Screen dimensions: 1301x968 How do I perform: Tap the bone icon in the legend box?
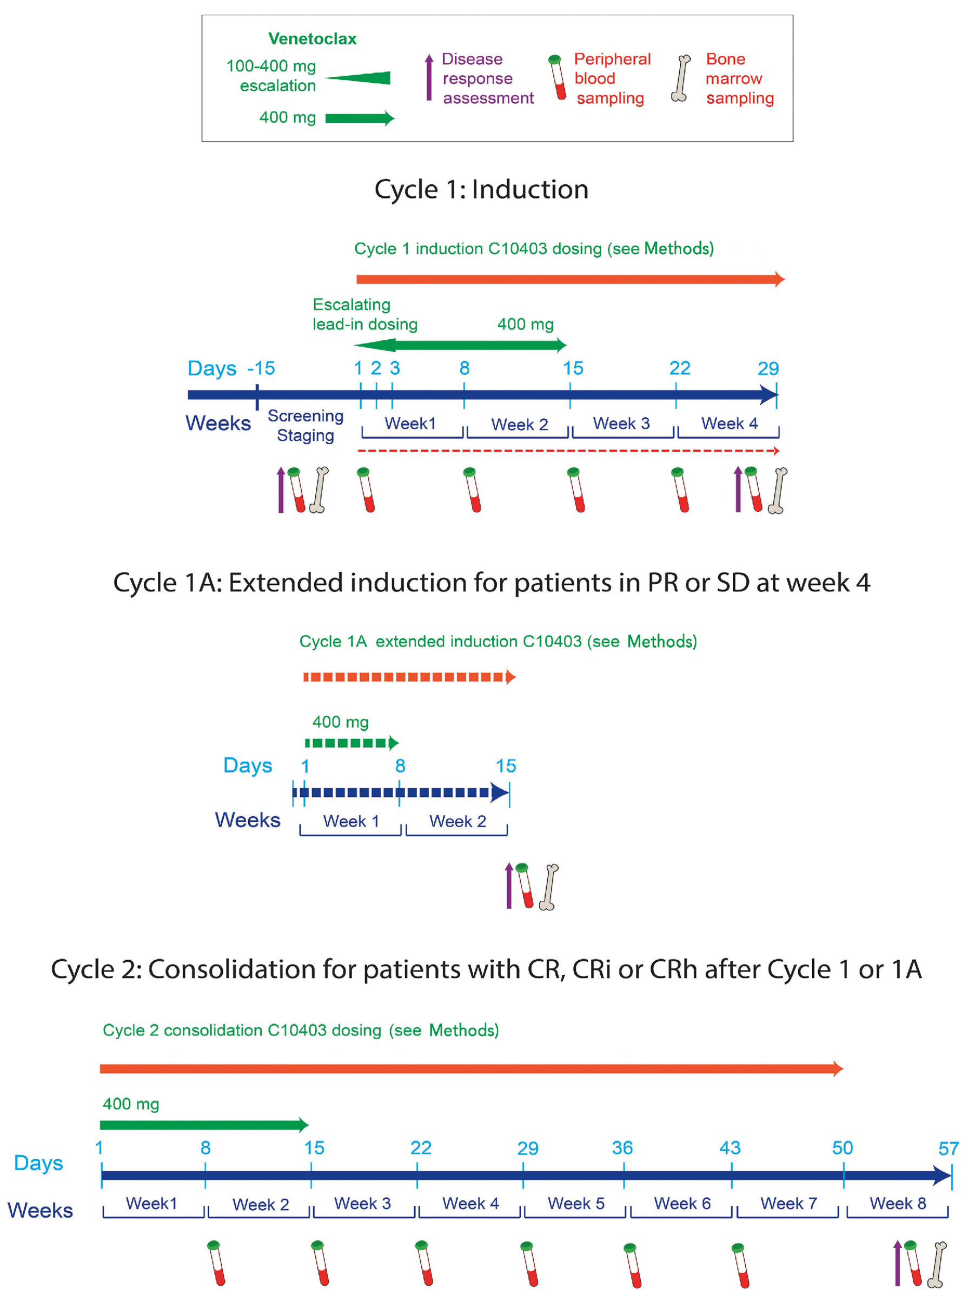pyautogui.click(x=680, y=78)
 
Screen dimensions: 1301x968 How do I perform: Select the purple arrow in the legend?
pyautogui.click(x=429, y=77)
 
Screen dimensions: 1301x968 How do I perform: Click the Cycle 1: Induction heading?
pyautogui.click(x=481, y=189)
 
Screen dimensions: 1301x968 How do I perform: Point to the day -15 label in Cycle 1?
pyautogui.click(x=261, y=368)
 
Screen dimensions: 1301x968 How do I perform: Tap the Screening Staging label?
pyautogui.click(x=306, y=425)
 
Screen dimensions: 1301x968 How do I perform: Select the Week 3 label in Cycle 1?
pyautogui.click(x=621, y=423)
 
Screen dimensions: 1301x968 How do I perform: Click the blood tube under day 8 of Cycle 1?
pyautogui.click(x=472, y=490)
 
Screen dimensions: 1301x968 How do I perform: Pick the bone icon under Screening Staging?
pyautogui.click(x=320, y=490)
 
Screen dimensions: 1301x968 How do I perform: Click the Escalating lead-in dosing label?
pyautogui.click(x=364, y=314)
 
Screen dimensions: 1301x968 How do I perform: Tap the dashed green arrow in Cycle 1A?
pyautogui.click(x=351, y=743)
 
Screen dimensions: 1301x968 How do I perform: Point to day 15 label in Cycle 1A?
pyautogui.click(x=506, y=765)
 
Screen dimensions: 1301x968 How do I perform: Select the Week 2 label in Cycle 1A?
pyautogui.click(x=457, y=821)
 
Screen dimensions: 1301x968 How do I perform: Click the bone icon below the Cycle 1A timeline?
pyautogui.click(x=549, y=887)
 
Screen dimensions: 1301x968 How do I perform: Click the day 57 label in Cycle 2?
pyautogui.click(x=948, y=1148)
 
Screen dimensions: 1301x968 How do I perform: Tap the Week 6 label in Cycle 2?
pyautogui.click(x=682, y=1203)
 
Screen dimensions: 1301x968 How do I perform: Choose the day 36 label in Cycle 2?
pyautogui.click(x=622, y=1147)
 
